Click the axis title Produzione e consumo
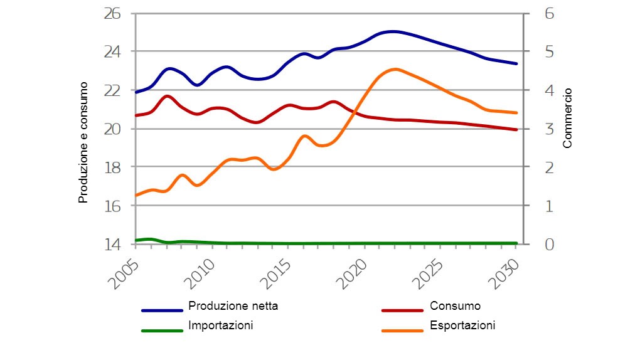coord(82,142)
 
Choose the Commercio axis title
coord(567,118)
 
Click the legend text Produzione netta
coord(233,306)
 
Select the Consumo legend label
coord(455,306)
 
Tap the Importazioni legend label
coord(220,326)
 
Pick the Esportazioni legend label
coord(462,326)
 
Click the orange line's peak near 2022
coord(395,69)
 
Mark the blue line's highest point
coord(393,31)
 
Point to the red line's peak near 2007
coord(168,96)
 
